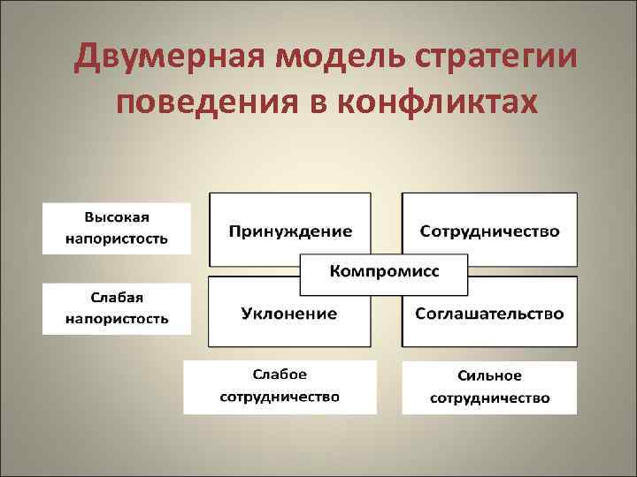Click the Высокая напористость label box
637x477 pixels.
click(117, 228)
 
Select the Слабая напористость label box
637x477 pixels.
click(117, 307)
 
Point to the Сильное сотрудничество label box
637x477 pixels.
click(489, 387)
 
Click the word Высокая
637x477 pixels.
click(117, 217)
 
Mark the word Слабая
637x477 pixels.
click(117, 297)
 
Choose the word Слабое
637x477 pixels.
click(280, 376)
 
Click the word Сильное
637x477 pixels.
click(489, 376)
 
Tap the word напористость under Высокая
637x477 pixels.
click(117, 238)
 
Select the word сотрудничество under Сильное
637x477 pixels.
click(489, 397)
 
